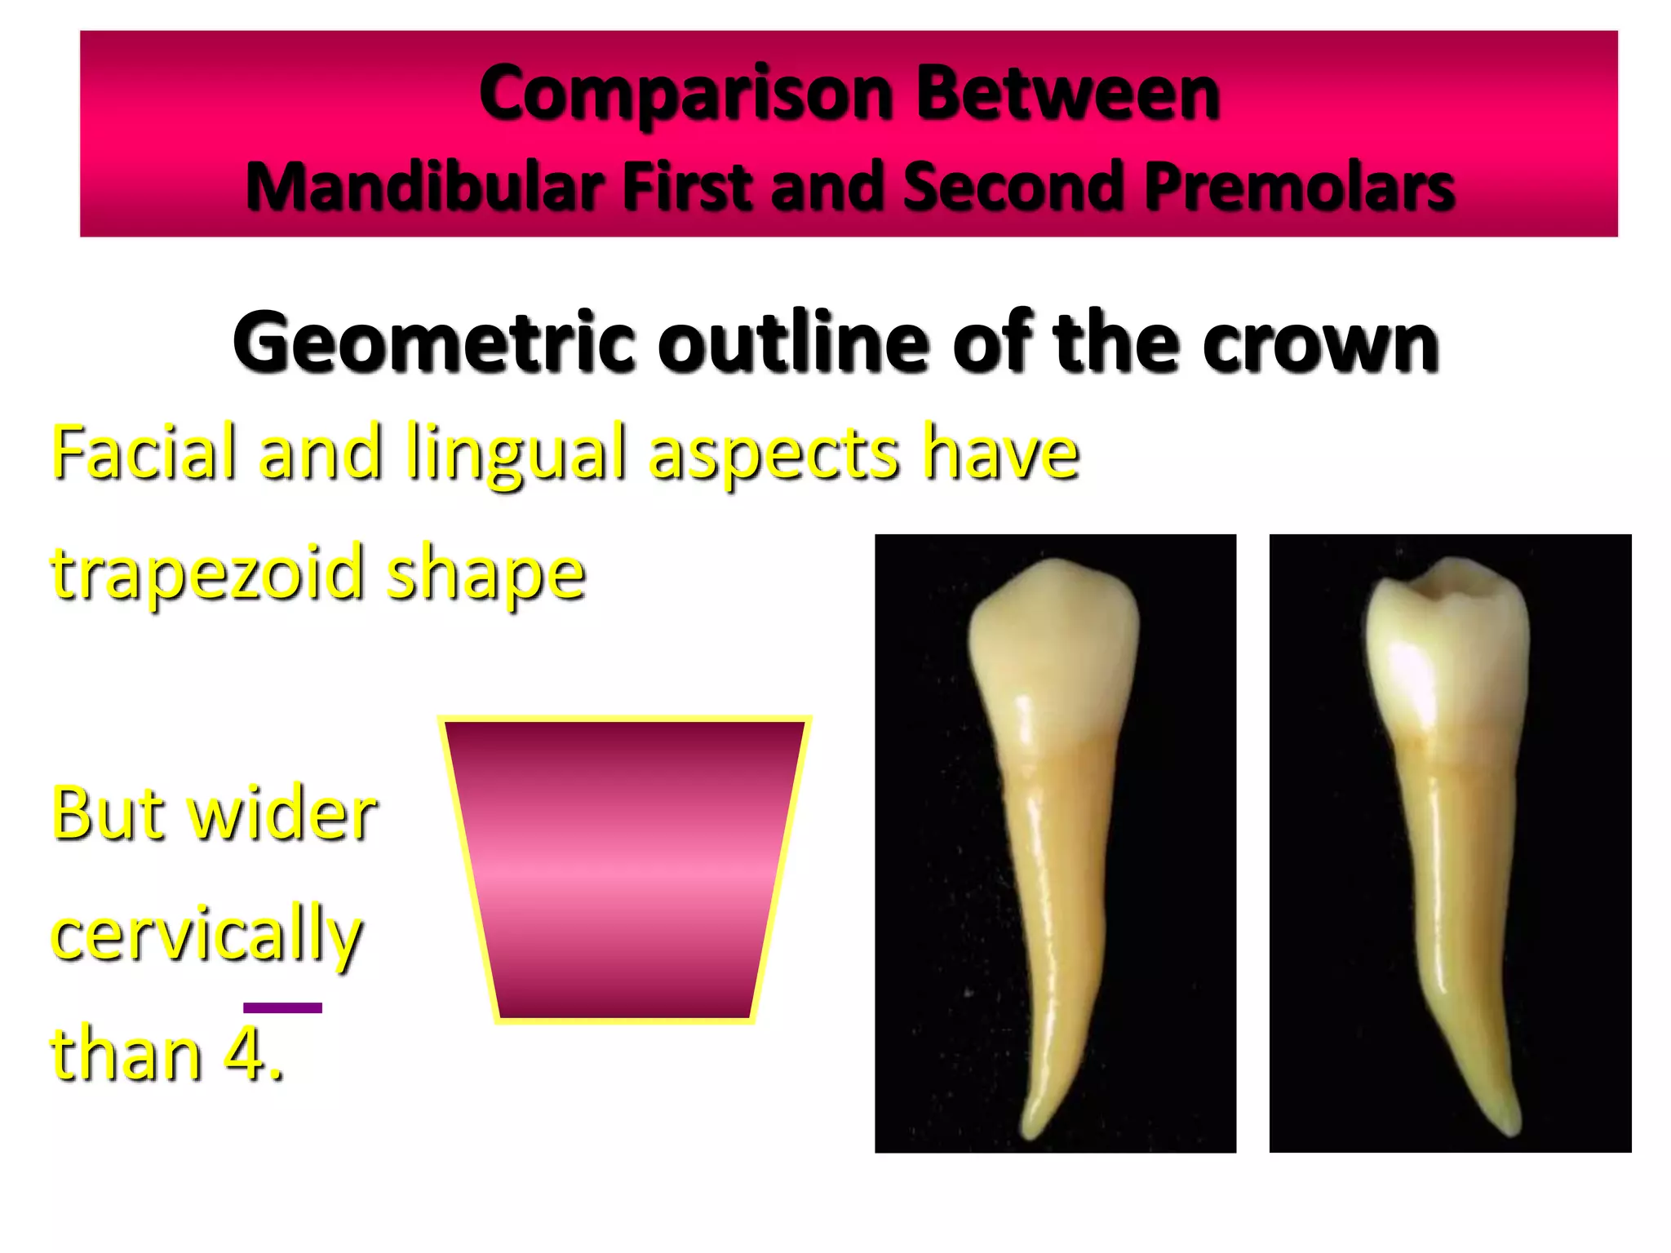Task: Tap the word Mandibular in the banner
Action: pyautogui.click(x=424, y=187)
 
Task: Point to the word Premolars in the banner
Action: pyautogui.click(x=1299, y=187)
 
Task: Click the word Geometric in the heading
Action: pyautogui.click(x=433, y=343)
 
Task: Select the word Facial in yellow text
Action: pyautogui.click(x=144, y=452)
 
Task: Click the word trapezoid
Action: pyautogui.click(x=207, y=573)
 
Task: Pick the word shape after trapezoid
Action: pyautogui.click(x=486, y=573)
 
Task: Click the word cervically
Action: pyautogui.click(x=206, y=935)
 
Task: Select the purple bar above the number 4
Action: pyautogui.click(x=282, y=1008)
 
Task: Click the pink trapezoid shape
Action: pyautogui.click(x=625, y=869)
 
